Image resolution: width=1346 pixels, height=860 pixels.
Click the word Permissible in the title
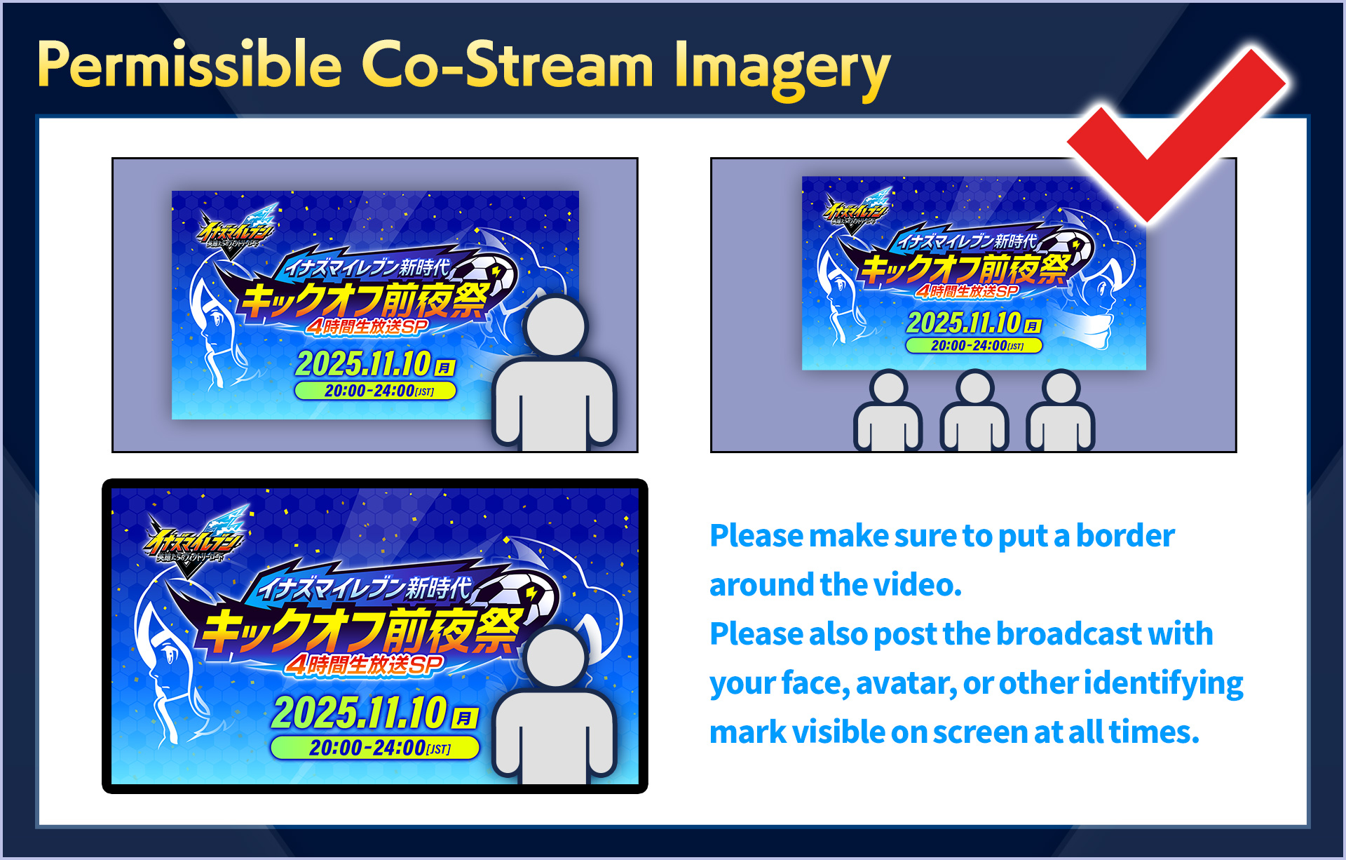coord(189,65)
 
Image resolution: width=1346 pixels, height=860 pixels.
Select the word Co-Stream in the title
coord(508,65)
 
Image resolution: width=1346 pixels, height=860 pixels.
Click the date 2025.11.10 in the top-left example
coord(363,363)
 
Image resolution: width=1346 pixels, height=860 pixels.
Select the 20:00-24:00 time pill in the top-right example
coord(974,346)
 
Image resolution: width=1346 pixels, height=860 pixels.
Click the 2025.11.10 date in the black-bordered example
coord(359,713)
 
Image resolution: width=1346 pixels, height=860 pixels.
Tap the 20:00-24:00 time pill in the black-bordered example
coord(375,748)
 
